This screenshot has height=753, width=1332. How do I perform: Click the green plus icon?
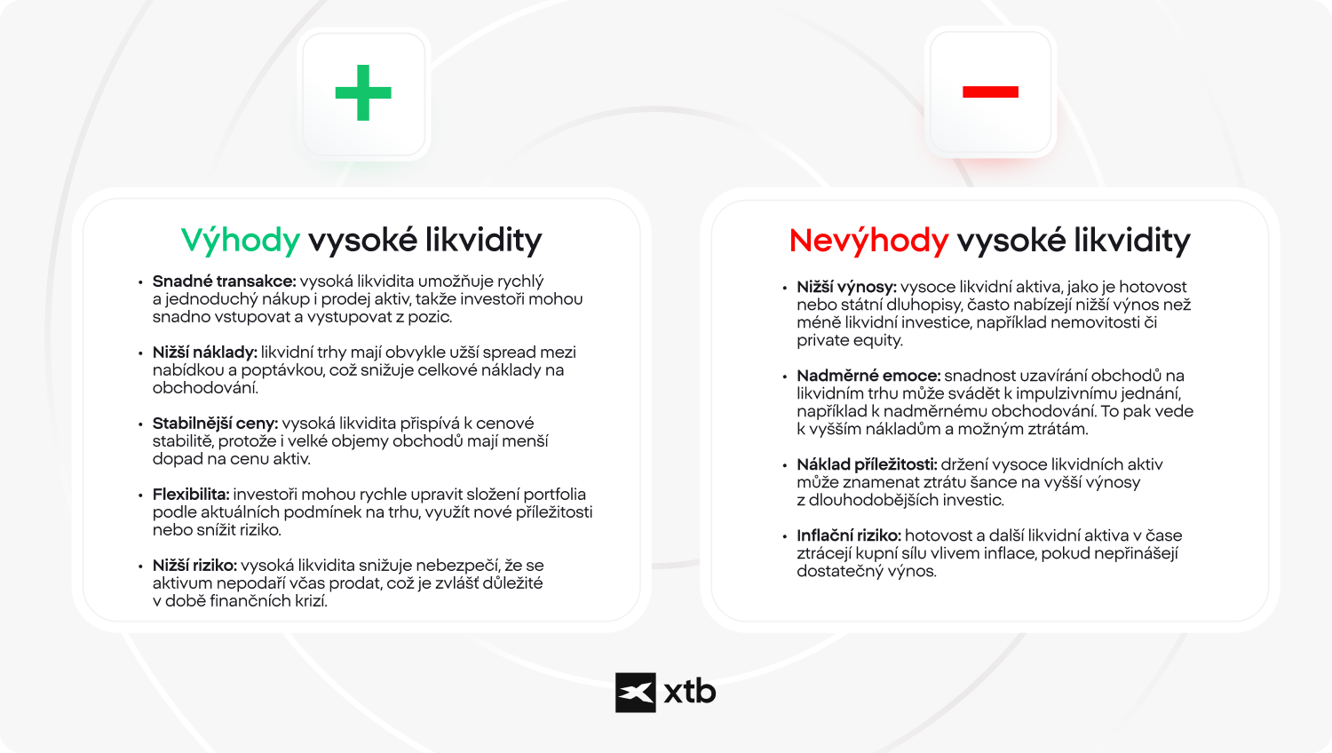coord(363,92)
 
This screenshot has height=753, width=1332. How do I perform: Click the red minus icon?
coord(990,91)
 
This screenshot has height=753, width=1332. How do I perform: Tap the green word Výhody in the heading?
coord(241,241)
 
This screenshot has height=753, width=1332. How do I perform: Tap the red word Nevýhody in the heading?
coord(868,241)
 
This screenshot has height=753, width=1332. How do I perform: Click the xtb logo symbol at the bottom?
coord(636,693)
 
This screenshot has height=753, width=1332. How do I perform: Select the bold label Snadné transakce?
coord(224,281)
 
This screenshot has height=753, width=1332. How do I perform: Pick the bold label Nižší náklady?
coord(204,353)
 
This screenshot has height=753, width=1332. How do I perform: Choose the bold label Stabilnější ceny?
coord(215,424)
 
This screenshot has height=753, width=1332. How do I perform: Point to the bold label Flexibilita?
coord(191,495)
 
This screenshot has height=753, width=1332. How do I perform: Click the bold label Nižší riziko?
coord(194,566)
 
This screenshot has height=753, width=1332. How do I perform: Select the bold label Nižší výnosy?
coord(846,287)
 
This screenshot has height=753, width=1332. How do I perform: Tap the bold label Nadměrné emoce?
coord(868,376)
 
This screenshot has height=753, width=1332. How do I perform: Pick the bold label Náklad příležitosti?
coord(867,464)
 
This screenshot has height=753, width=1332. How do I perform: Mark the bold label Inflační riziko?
coord(849,535)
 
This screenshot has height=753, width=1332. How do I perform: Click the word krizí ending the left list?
coord(310,601)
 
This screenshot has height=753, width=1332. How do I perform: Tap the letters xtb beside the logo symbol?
coord(690,693)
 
